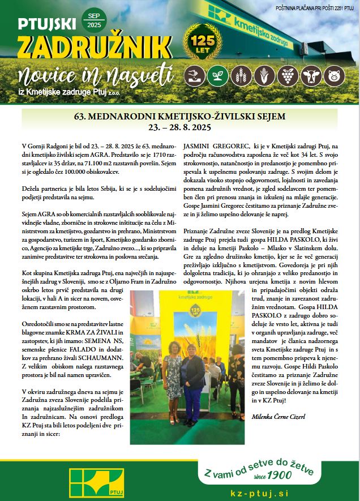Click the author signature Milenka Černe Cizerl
click(x=278, y=417)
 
